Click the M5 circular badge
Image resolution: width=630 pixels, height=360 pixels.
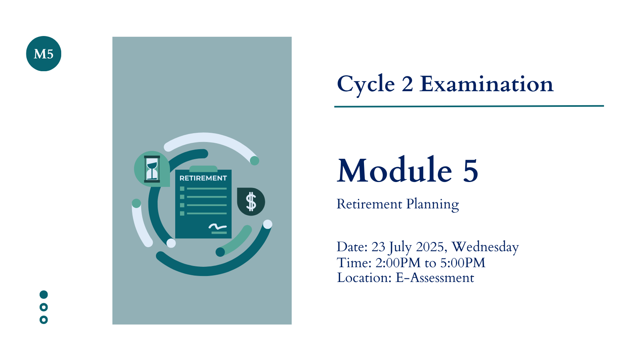tap(44, 54)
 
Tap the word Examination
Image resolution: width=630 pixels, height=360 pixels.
tap(486, 84)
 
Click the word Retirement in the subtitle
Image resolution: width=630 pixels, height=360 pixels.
tap(370, 204)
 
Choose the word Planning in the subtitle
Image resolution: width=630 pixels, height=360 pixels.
tap(433, 204)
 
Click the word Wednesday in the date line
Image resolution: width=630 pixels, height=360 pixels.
tap(485, 247)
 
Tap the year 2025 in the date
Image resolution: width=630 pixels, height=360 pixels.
tap(430, 247)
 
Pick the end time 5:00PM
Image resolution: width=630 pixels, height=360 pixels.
tap(463, 263)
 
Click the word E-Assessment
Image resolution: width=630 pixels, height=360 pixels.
tap(435, 278)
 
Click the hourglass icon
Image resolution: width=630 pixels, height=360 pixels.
tap(152, 169)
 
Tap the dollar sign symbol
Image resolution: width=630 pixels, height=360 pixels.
tap(251, 202)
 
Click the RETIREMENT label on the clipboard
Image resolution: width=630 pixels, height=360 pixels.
tap(203, 178)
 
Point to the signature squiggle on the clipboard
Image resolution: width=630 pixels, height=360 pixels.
tap(218, 226)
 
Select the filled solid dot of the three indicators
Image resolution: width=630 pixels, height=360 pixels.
tap(44, 294)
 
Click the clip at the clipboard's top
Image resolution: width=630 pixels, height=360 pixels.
tap(203, 169)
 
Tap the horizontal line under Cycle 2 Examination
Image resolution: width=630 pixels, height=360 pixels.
tap(469, 106)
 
